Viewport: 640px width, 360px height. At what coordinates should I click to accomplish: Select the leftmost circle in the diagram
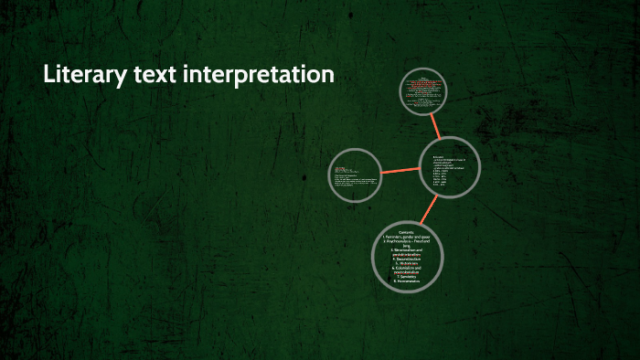pos(355,173)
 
